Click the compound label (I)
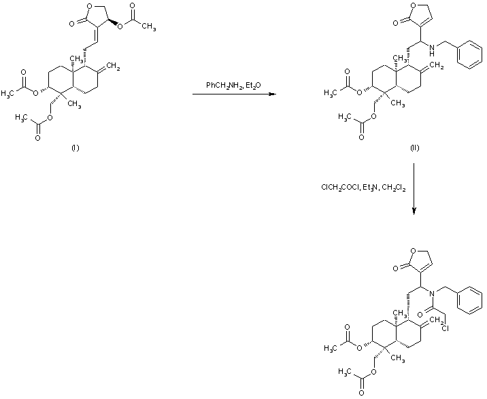(75, 149)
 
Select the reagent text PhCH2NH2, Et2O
(231, 85)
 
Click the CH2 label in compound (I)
(114, 67)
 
